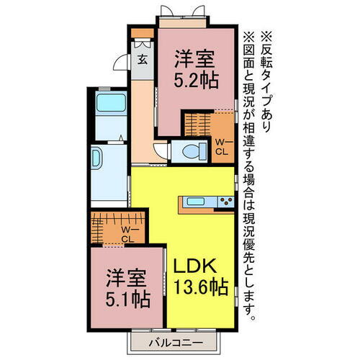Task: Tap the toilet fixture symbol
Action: pyautogui.click(x=193, y=151)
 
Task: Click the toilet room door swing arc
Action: pyautogui.click(x=161, y=150)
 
